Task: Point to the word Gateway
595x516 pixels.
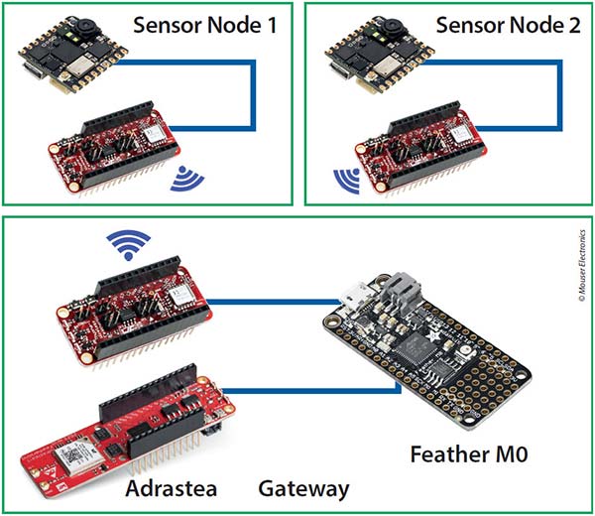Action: point(304,487)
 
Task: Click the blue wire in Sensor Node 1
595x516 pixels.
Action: point(256,94)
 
